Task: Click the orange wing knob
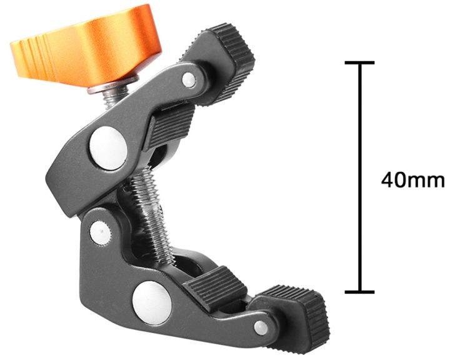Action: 86,46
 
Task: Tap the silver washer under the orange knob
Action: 113,84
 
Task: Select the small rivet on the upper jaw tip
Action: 189,79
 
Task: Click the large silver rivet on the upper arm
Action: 109,148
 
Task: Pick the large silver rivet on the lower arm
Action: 152,302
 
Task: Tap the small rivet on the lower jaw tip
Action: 261,328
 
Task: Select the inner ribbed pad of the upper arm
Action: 169,126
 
